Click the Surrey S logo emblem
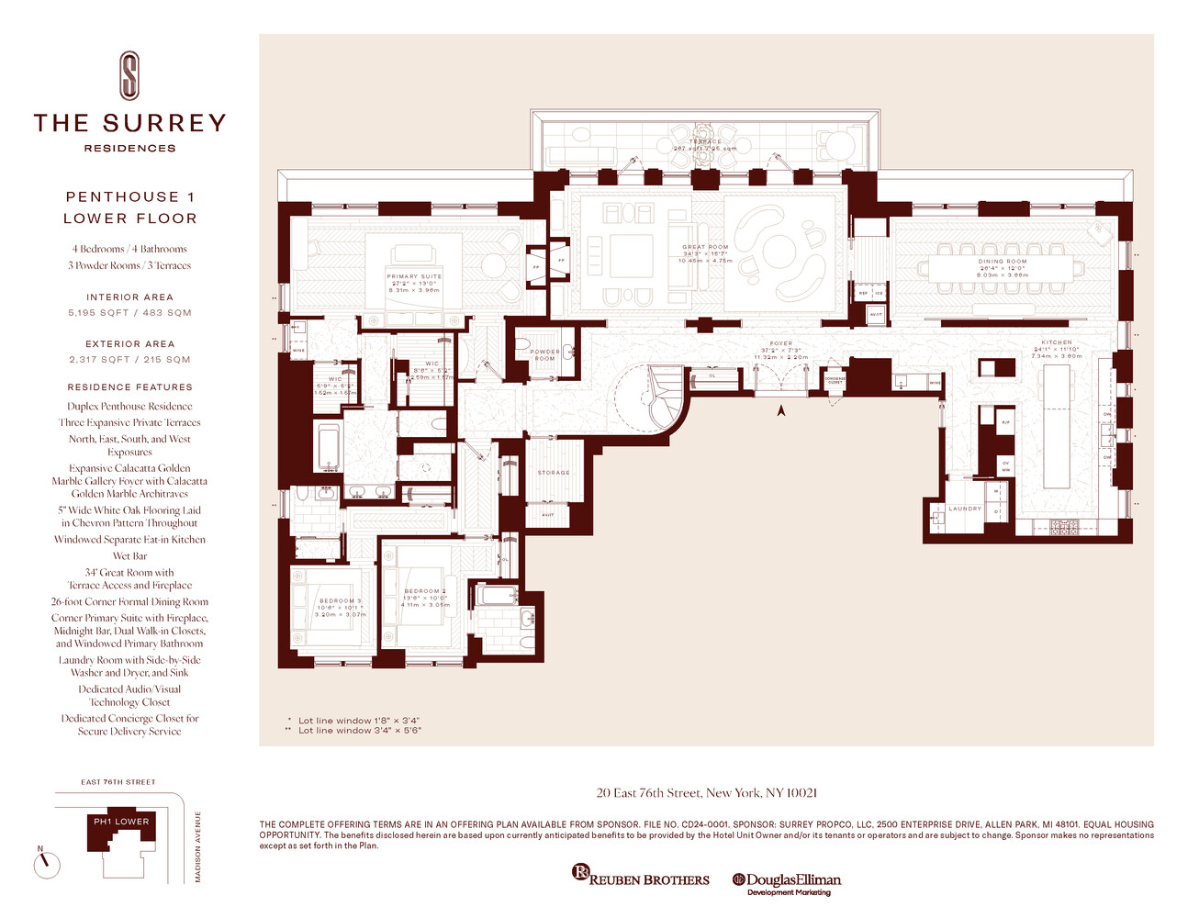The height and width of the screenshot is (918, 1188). (x=130, y=75)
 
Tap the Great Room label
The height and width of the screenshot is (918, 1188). (x=705, y=247)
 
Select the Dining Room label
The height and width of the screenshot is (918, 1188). (x=1002, y=262)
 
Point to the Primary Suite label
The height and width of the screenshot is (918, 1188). (x=414, y=276)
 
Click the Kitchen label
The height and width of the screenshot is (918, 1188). (x=1056, y=342)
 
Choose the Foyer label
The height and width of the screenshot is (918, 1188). (x=781, y=344)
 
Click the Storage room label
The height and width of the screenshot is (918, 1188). (x=554, y=473)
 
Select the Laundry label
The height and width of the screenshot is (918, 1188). (x=965, y=509)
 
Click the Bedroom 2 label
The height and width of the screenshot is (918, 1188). (x=425, y=591)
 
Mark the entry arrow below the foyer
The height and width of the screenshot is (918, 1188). (x=781, y=411)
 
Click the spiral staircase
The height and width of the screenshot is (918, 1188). (x=665, y=397)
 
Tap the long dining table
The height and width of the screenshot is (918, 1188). (x=1002, y=268)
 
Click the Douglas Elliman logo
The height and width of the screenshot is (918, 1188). (x=787, y=882)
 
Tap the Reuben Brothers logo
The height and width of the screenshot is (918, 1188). (x=640, y=878)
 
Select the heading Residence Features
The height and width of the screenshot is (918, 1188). (x=129, y=387)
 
